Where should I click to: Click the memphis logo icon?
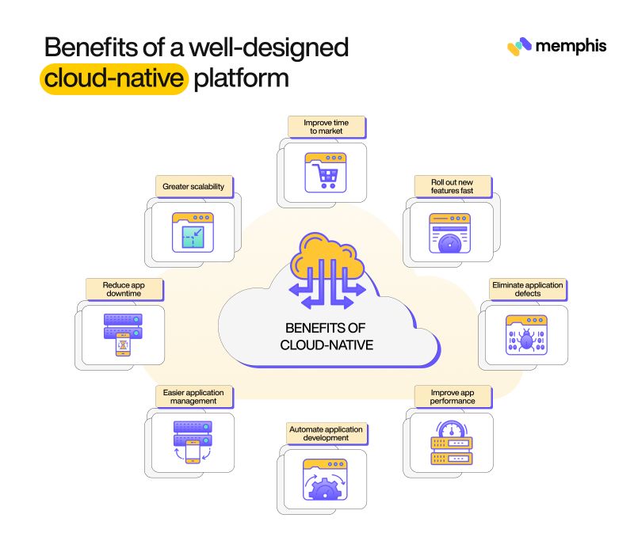(x=518, y=46)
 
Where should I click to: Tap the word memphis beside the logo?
(x=570, y=46)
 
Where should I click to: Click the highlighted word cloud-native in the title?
(x=114, y=80)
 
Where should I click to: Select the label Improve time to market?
(x=326, y=128)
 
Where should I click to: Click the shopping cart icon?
(x=327, y=172)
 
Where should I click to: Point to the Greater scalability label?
(x=193, y=187)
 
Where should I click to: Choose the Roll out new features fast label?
(x=452, y=186)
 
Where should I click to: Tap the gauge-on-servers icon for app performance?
(x=450, y=444)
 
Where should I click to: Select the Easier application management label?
(x=193, y=396)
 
